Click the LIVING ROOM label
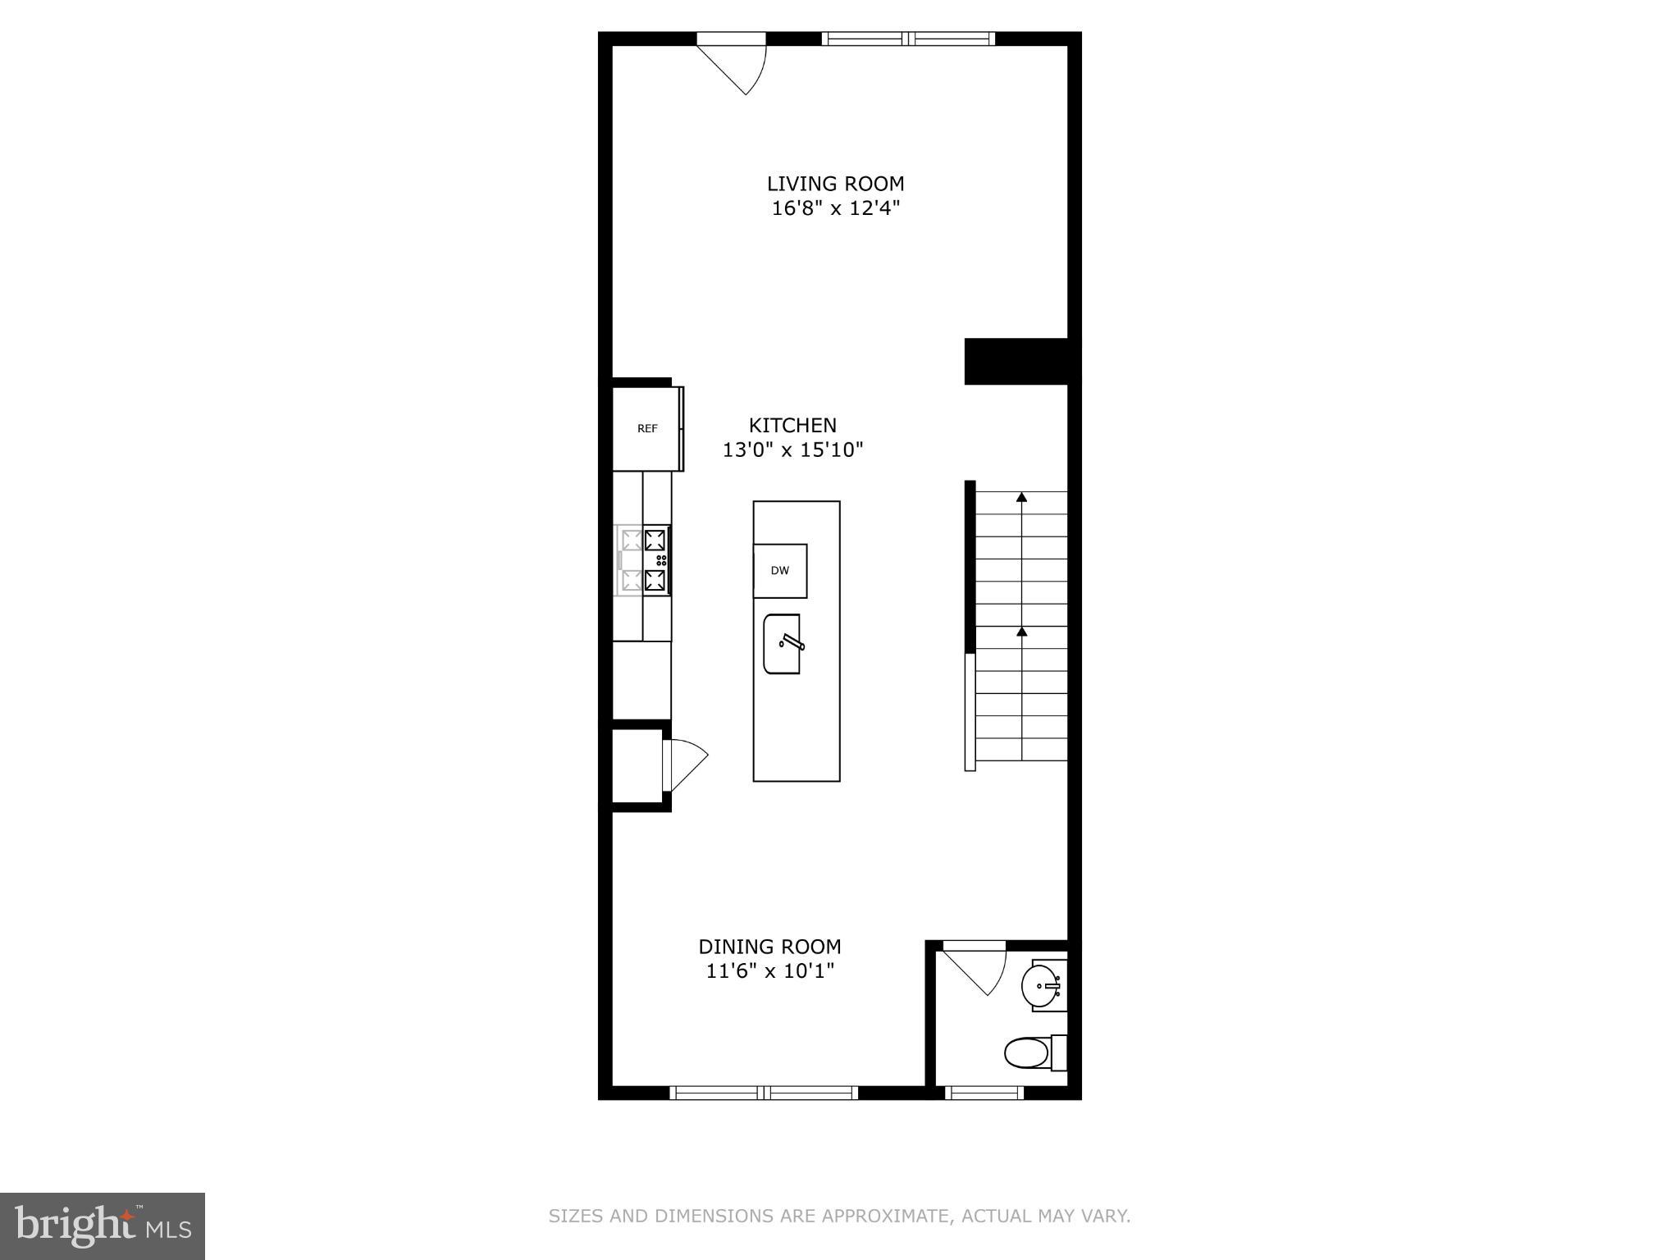click(x=835, y=184)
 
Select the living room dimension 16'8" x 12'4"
click(x=835, y=208)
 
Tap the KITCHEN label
click(x=792, y=425)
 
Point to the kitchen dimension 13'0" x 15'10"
click(x=792, y=450)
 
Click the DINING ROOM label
click(x=769, y=947)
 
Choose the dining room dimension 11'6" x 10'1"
click(x=769, y=971)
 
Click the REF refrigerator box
click(x=647, y=428)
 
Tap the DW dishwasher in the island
click(x=780, y=571)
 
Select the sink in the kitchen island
click(x=782, y=644)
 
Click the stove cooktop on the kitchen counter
click(x=645, y=559)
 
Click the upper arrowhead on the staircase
click(x=1021, y=497)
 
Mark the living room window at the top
click(x=908, y=38)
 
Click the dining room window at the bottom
click(x=764, y=1093)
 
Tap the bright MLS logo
click(x=103, y=1226)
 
